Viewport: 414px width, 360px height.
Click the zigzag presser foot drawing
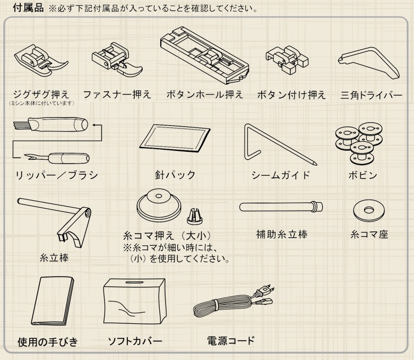[41, 60]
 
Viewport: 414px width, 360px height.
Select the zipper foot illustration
[116, 60]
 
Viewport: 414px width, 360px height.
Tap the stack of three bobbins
[359, 143]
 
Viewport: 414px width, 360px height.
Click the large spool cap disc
[159, 205]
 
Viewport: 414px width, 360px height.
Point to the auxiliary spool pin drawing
[281, 207]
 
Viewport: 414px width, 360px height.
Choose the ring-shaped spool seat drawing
[369, 210]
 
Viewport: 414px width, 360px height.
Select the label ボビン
[363, 175]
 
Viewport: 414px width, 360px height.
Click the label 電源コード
[231, 341]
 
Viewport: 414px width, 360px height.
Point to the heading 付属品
[28, 7]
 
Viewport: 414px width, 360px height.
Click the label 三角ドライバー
[371, 95]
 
